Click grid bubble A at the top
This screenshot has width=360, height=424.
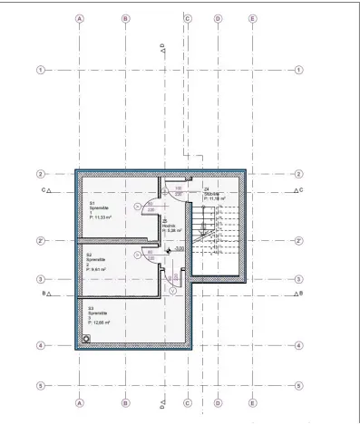[80, 18]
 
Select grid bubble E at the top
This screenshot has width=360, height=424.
[253, 18]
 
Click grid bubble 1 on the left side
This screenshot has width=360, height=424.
[40, 70]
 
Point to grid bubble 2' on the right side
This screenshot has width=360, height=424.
[299, 241]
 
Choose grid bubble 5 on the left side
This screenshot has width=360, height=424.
[40, 385]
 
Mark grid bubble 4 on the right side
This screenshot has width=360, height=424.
[299, 345]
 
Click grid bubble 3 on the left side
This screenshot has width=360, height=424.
[40, 279]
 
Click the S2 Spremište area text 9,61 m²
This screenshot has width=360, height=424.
[96, 269]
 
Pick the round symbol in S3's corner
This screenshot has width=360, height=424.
[85, 338]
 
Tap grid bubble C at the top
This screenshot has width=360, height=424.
[188, 18]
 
